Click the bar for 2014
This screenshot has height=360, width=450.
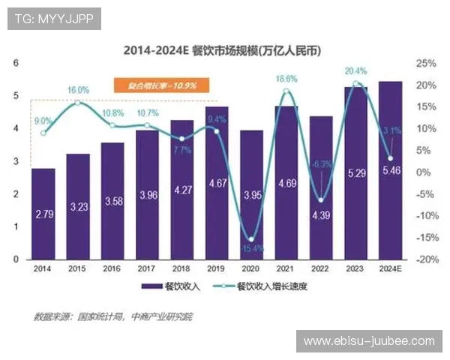tap(43, 214)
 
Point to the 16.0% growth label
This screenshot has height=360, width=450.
tap(77, 90)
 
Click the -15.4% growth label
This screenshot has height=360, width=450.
tap(251, 247)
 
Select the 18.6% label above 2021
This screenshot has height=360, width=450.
tap(286, 78)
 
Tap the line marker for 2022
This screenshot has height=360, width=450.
tap(321, 200)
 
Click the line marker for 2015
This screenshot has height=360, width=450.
tap(78, 102)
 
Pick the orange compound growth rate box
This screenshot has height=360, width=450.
tap(155, 86)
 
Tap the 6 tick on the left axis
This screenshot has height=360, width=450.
tap(16, 64)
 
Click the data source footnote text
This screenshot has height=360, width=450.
tap(113, 316)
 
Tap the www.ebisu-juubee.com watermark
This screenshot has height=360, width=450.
tap(368, 341)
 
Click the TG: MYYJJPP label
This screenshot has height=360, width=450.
tap(53, 19)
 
